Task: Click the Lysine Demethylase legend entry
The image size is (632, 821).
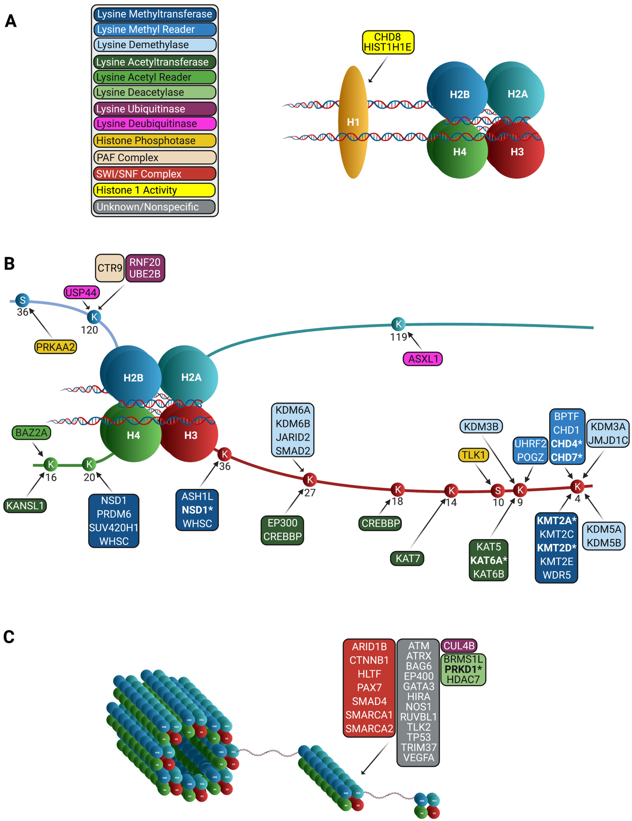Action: point(155,45)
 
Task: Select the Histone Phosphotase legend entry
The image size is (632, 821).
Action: point(155,141)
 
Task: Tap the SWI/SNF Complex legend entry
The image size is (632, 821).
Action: point(155,174)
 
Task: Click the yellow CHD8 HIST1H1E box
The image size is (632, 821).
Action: point(388,42)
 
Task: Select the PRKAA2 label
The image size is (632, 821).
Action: point(55,347)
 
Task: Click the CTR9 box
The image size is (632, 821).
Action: point(109,268)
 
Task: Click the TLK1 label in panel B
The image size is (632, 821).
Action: point(473,455)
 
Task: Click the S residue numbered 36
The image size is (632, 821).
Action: point(23,300)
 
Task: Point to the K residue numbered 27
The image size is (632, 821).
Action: point(310,480)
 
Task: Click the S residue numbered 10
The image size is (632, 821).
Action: point(498,490)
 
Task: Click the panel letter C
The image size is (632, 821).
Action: point(9,637)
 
